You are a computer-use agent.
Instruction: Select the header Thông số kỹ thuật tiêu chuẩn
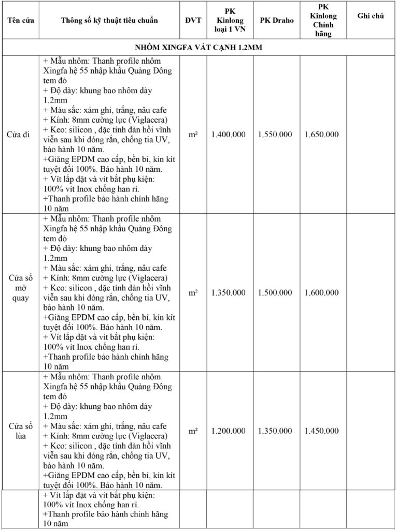(x=109, y=21)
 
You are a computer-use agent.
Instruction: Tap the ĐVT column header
(x=193, y=21)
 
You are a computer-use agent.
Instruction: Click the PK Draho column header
(x=276, y=21)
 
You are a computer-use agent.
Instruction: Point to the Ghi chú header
(x=371, y=16)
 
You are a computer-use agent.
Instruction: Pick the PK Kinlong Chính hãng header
(x=323, y=21)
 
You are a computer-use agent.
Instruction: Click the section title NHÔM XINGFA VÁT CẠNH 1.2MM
(x=199, y=47)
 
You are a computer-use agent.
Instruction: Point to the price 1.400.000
(x=229, y=135)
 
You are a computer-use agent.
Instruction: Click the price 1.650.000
(x=322, y=135)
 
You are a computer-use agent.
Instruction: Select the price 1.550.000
(x=275, y=135)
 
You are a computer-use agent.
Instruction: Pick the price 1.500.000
(x=275, y=293)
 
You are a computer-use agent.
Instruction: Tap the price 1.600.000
(x=322, y=293)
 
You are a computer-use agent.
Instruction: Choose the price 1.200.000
(x=229, y=431)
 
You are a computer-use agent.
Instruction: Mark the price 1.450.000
(x=322, y=431)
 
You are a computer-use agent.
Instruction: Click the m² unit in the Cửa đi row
(x=193, y=134)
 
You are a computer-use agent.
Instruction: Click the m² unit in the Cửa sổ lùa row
(x=193, y=431)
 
